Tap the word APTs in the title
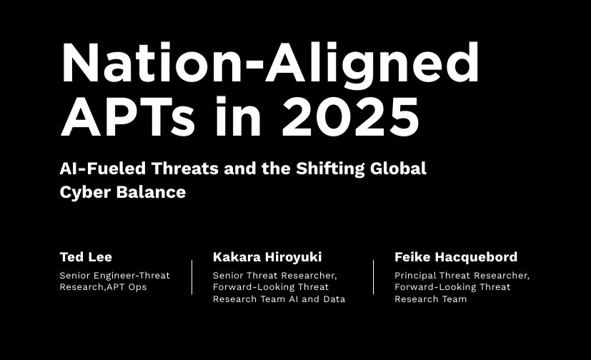click(x=128, y=116)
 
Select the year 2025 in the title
click(x=351, y=116)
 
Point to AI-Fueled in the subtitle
click(x=102, y=169)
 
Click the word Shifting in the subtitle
click(x=330, y=169)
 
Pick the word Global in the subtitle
click(x=398, y=169)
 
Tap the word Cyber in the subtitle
click(x=85, y=192)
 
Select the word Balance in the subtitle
click(x=151, y=192)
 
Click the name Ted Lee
click(x=86, y=257)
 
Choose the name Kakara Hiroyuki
click(x=267, y=257)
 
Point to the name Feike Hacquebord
click(x=456, y=257)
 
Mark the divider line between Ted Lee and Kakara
click(x=192, y=276)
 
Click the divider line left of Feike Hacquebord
click(x=374, y=276)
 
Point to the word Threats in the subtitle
click(x=185, y=169)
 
